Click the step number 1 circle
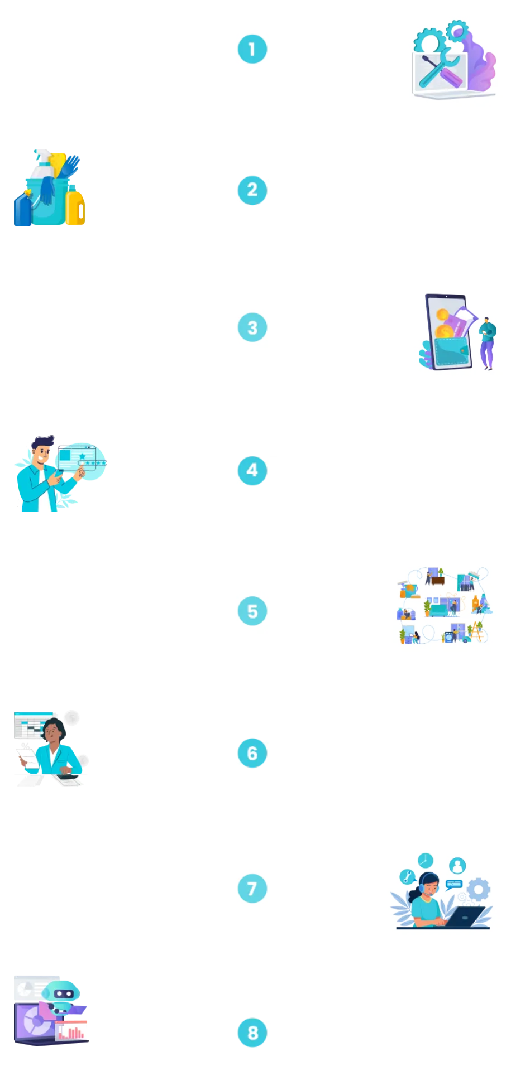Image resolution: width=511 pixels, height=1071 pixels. (252, 49)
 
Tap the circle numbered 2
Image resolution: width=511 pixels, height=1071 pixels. (252, 190)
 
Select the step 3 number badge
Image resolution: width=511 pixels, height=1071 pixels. (252, 327)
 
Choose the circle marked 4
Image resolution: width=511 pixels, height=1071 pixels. (252, 470)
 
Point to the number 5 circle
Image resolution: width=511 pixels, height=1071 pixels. (252, 611)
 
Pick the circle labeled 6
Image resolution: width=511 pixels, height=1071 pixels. (252, 753)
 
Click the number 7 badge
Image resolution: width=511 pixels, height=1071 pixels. (252, 889)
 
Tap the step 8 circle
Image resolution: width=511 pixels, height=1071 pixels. (252, 1033)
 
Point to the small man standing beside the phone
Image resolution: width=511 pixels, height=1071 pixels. (487, 342)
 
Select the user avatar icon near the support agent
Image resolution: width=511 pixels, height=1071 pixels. (457, 866)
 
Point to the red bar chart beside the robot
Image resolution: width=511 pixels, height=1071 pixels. (72, 1031)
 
